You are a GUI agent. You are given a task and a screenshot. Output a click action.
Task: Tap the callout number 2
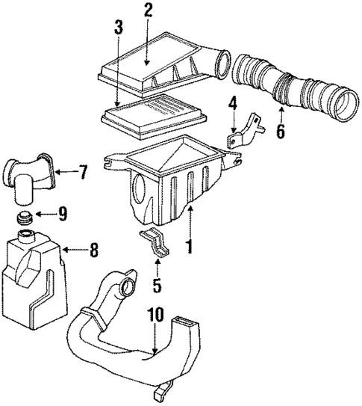(148, 12)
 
